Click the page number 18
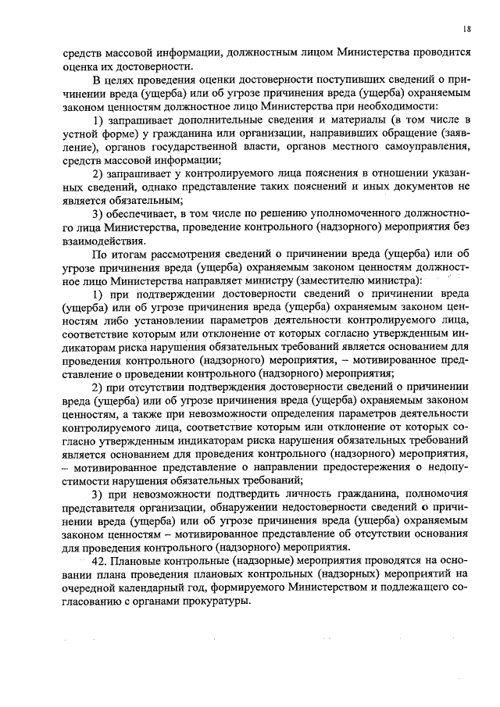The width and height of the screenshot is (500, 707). coord(466,29)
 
